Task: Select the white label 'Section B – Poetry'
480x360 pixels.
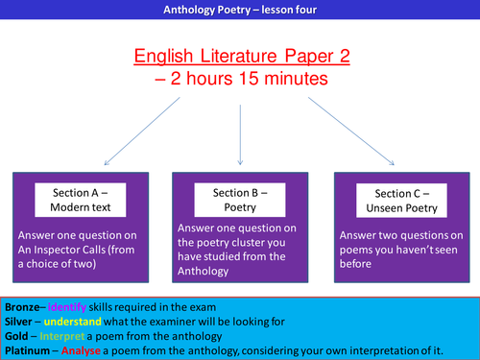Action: [x=239, y=199]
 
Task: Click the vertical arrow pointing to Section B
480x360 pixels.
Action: [x=239, y=130]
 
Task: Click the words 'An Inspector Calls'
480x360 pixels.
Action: [x=61, y=246]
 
